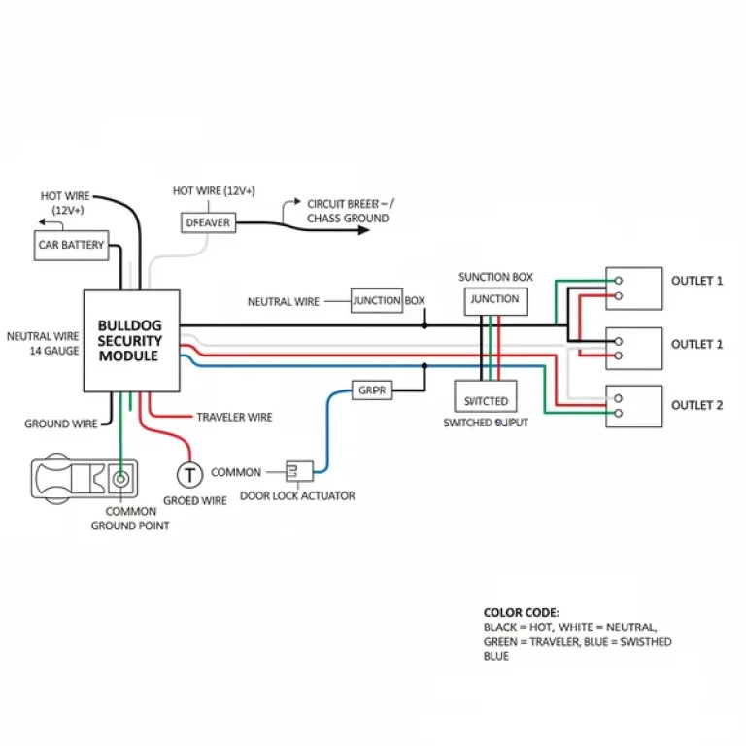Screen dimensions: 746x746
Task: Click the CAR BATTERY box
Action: click(x=71, y=245)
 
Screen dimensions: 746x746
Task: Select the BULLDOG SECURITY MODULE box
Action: click(x=131, y=341)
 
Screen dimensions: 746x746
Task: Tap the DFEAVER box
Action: click(x=208, y=223)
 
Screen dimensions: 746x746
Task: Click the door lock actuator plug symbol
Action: click(x=299, y=472)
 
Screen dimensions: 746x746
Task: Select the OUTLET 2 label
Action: click(x=696, y=405)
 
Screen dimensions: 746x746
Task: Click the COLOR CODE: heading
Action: click(x=521, y=613)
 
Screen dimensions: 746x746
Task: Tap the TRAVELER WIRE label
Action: click(x=234, y=417)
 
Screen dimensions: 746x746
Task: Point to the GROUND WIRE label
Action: click(x=60, y=424)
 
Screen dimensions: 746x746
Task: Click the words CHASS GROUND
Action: click(x=348, y=219)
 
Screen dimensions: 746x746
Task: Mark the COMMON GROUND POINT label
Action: click(x=130, y=518)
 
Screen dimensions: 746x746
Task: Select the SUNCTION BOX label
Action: click(x=495, y=277)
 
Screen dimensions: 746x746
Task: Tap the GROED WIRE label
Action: click(x=194, y=500)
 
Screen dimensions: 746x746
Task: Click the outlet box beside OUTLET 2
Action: click(x=633, y=406)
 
